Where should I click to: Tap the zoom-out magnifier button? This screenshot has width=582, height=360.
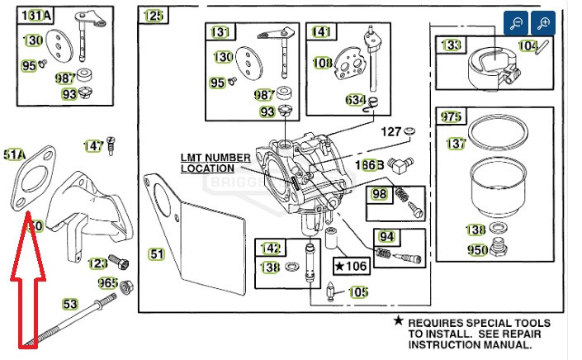point(515,23)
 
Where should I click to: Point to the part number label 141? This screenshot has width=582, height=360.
point(319,32)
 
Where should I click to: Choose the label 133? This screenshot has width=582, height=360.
point(451,45)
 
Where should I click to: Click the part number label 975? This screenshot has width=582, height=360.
point(451,116)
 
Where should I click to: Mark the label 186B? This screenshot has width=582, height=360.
point(369,165)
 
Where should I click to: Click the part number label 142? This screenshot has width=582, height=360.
point(271,248)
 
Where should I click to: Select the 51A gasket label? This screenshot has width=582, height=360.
point(15,154)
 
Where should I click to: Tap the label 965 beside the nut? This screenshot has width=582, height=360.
point(107,283)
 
